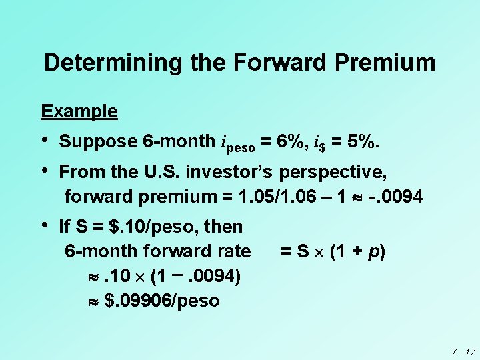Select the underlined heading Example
pos(79,111)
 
